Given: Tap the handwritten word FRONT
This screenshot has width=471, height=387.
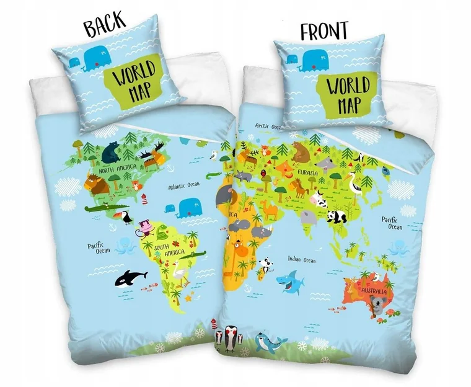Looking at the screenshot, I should pyautogui.click(x=324, y=32).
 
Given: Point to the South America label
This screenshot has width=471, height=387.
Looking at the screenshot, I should pyautogui.click(x=169, y=249).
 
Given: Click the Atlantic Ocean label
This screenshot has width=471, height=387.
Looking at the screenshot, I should pyautogui.click(x=184, y=185).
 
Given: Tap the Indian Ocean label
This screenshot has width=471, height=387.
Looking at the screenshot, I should pyautogui.click(x=301, y=260).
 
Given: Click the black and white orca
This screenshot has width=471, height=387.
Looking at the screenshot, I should pyautogui.click(x=131, y=277).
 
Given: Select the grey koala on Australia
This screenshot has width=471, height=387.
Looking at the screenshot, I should pyautogui.click(x=377, y=306).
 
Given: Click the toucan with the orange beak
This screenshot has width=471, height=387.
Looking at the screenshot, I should pyautogui.click(x=122, y=216).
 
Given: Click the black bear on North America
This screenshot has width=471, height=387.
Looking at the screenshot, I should pyautogui.click(x=113, y=151).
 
